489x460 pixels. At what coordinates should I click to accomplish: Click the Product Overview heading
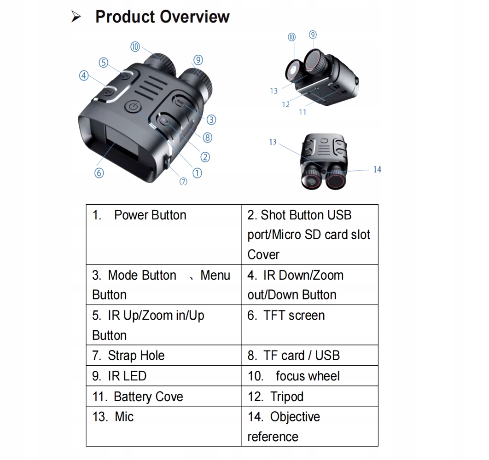[x=162, y=17]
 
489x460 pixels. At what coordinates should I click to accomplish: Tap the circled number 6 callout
[x=99, y=173]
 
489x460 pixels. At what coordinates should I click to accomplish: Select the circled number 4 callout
[x=84, y=75]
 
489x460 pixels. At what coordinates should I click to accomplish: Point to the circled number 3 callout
[x=211, y=120]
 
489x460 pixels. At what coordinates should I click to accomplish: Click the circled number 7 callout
[x=183, y=181]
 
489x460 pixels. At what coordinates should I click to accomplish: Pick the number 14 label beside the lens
[x=377, y=170]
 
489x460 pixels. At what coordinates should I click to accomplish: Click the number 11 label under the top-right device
[x=303, y=112]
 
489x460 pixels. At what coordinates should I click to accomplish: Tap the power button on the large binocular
[x=132, y=107]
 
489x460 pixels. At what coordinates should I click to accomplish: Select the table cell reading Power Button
[x=150, y=215]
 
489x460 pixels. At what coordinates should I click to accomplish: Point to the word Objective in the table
[x=295, y=417]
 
